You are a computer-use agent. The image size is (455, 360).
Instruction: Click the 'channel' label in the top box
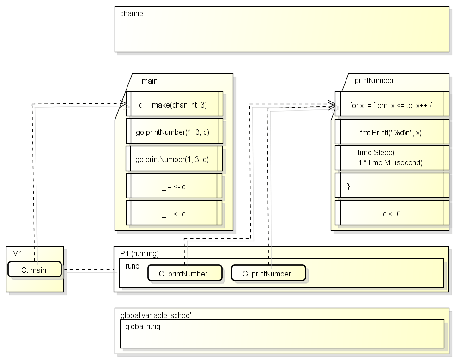pos(132,14)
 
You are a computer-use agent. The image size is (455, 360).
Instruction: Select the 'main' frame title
pos(150,81)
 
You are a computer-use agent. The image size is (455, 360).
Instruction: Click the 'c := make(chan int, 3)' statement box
pos(175,104)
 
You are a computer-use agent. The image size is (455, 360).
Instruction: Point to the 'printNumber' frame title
pos(374,80)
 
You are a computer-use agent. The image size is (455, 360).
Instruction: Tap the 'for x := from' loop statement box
pos(392,104)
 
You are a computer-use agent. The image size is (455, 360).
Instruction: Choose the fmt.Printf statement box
pos(392,132)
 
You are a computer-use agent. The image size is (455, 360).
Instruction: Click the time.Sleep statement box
pos(392,158)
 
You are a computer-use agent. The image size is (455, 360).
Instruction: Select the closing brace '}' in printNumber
pos(348,186)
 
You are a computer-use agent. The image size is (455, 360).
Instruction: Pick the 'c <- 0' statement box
pos(392,213)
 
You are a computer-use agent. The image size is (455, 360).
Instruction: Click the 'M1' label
pos(17,254)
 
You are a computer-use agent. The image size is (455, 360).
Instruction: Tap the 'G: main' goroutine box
pos(35,269)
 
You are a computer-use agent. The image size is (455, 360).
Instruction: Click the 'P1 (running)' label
pos(140,254)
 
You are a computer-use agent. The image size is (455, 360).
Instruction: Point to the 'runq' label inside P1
pos(132,266)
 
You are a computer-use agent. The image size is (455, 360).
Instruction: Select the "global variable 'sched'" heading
pos(156,315)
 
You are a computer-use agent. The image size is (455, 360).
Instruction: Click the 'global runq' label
pos(142,327)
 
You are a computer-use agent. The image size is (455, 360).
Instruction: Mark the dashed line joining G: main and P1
pos(88,270)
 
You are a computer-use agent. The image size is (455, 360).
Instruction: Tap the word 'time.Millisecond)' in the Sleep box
pos(395,162)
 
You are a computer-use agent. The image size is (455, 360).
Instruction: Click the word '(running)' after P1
pos(145,254)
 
